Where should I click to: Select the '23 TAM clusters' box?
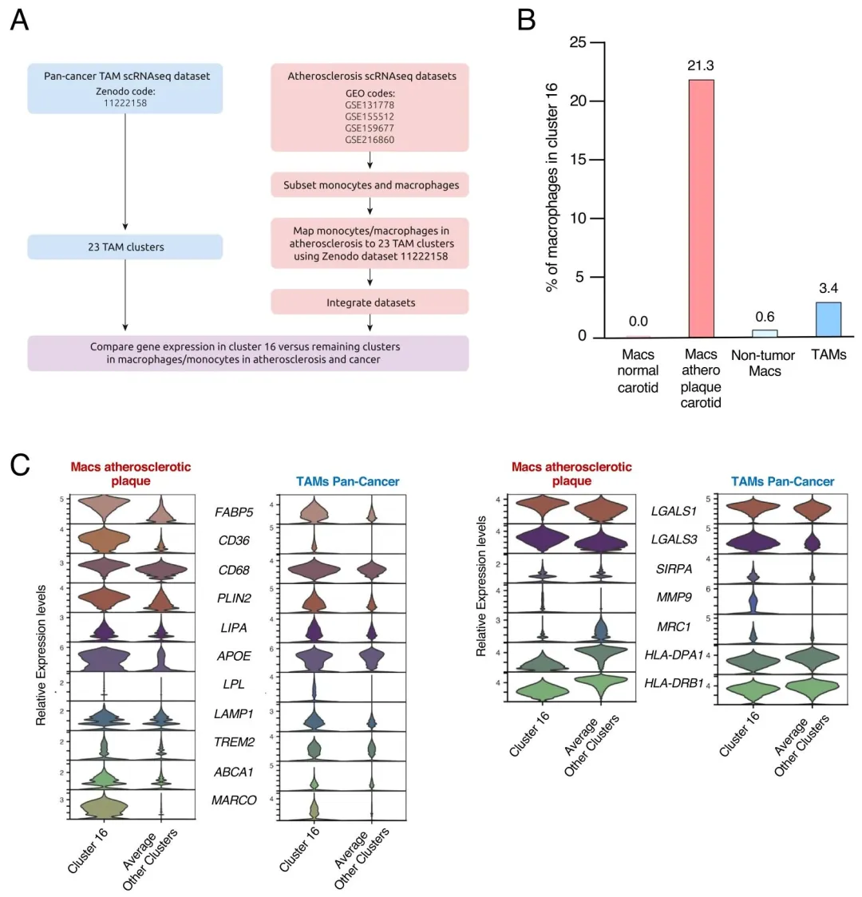(125, 247)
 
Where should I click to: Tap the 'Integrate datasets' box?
(370, 302)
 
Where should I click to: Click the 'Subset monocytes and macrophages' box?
(370, 185)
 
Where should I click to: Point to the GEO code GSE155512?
(370, 117)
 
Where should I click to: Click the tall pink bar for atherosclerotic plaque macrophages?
(700, 207)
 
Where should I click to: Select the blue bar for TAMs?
(828, 319)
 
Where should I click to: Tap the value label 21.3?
(700, 65)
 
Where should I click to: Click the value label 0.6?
(765, 317)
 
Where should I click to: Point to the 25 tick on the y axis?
(578, 42)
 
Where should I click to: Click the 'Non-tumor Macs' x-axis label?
(764, 363)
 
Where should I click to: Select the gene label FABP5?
(234, 512)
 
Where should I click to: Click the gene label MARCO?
(234, 800)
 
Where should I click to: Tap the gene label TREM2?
(234, 742)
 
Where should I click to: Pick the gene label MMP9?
(674, 598)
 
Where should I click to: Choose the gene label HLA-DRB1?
(674, 683)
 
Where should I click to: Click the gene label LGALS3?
(674, 539)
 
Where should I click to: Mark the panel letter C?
(20, 464)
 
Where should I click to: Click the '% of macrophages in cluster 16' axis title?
(552, 188)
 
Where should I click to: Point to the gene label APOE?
(234, 656)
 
